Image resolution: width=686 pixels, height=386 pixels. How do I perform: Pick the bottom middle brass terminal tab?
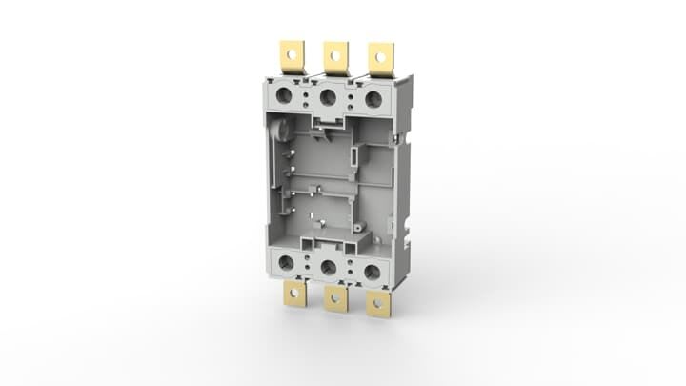pos(335,298)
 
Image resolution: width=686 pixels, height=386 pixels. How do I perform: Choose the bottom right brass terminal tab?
pos(378,304)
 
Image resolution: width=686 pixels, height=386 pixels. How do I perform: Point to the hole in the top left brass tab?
pos(291,52)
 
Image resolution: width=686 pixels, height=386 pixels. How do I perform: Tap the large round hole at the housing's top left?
pos(284,95)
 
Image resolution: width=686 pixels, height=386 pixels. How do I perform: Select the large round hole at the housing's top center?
pos(329,97)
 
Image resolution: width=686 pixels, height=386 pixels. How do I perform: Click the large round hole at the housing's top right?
pos(373,99)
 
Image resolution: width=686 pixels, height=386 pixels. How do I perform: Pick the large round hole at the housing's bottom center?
pos(329,268)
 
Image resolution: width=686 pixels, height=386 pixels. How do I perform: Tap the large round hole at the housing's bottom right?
pos(372,273)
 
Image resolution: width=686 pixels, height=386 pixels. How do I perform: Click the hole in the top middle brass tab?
pos(335,54)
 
